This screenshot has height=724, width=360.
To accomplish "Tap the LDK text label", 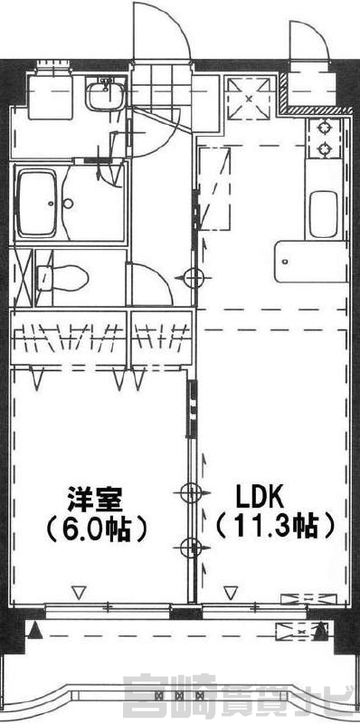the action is point(259,498).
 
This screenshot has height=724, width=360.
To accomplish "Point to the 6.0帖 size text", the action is point(96,529).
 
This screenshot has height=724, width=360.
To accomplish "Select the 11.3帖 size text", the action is point(275,527).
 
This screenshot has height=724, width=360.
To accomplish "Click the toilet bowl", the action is point(64,278).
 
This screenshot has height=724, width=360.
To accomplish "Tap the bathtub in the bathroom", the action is point(36,203).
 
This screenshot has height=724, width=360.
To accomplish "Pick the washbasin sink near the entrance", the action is point(106,94).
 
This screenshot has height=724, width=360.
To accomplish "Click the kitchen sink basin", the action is point(323,214).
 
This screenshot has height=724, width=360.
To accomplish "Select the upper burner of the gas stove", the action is point(325,126).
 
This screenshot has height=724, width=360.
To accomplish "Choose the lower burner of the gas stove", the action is point(325,148).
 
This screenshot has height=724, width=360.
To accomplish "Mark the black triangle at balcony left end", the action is point(35,631).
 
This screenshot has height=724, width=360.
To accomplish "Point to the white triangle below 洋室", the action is point(80,592).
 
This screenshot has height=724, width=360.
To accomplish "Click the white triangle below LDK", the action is point(231,592).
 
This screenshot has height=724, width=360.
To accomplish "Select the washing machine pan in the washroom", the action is point(50,96).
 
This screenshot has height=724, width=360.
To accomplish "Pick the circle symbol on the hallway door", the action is point(194,278).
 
